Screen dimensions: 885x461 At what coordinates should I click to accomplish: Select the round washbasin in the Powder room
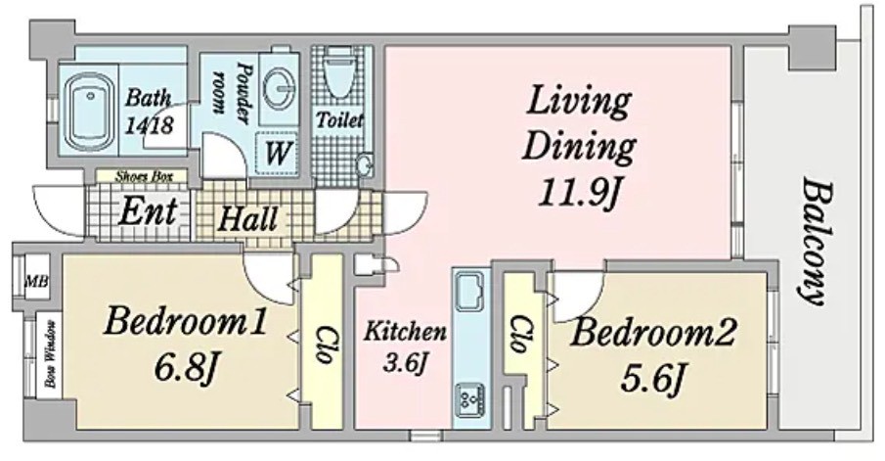coord(279,89)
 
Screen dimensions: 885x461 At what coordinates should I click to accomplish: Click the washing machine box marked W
coord(277,152)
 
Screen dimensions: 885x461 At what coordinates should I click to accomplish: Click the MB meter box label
coord(37,281)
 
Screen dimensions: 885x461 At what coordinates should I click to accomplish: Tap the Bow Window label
coord(52,354)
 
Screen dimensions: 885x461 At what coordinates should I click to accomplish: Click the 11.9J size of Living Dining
coord(579,194)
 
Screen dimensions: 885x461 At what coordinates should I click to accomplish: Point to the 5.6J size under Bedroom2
coord(653,378)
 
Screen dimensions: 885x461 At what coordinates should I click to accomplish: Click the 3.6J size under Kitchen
coord(404,362)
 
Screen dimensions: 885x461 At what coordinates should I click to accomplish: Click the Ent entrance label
coord(148,211)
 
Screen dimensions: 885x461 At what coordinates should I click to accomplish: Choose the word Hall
coord(247,218)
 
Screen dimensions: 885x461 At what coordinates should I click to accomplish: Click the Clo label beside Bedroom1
coord(323,345)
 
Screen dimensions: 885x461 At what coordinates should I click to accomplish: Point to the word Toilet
coord(339,119)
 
